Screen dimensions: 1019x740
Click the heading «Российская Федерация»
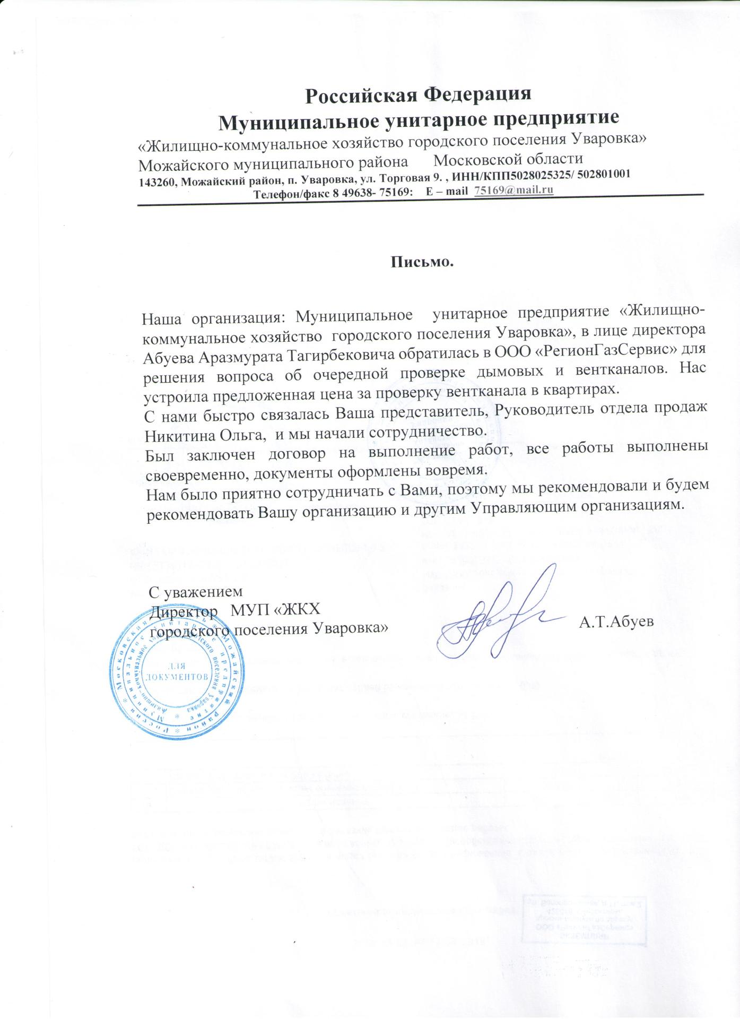point(419,94)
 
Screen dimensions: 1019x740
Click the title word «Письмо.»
point(423,262)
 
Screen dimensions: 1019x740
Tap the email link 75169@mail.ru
point(513,191)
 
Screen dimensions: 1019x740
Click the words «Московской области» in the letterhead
point(508,159)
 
